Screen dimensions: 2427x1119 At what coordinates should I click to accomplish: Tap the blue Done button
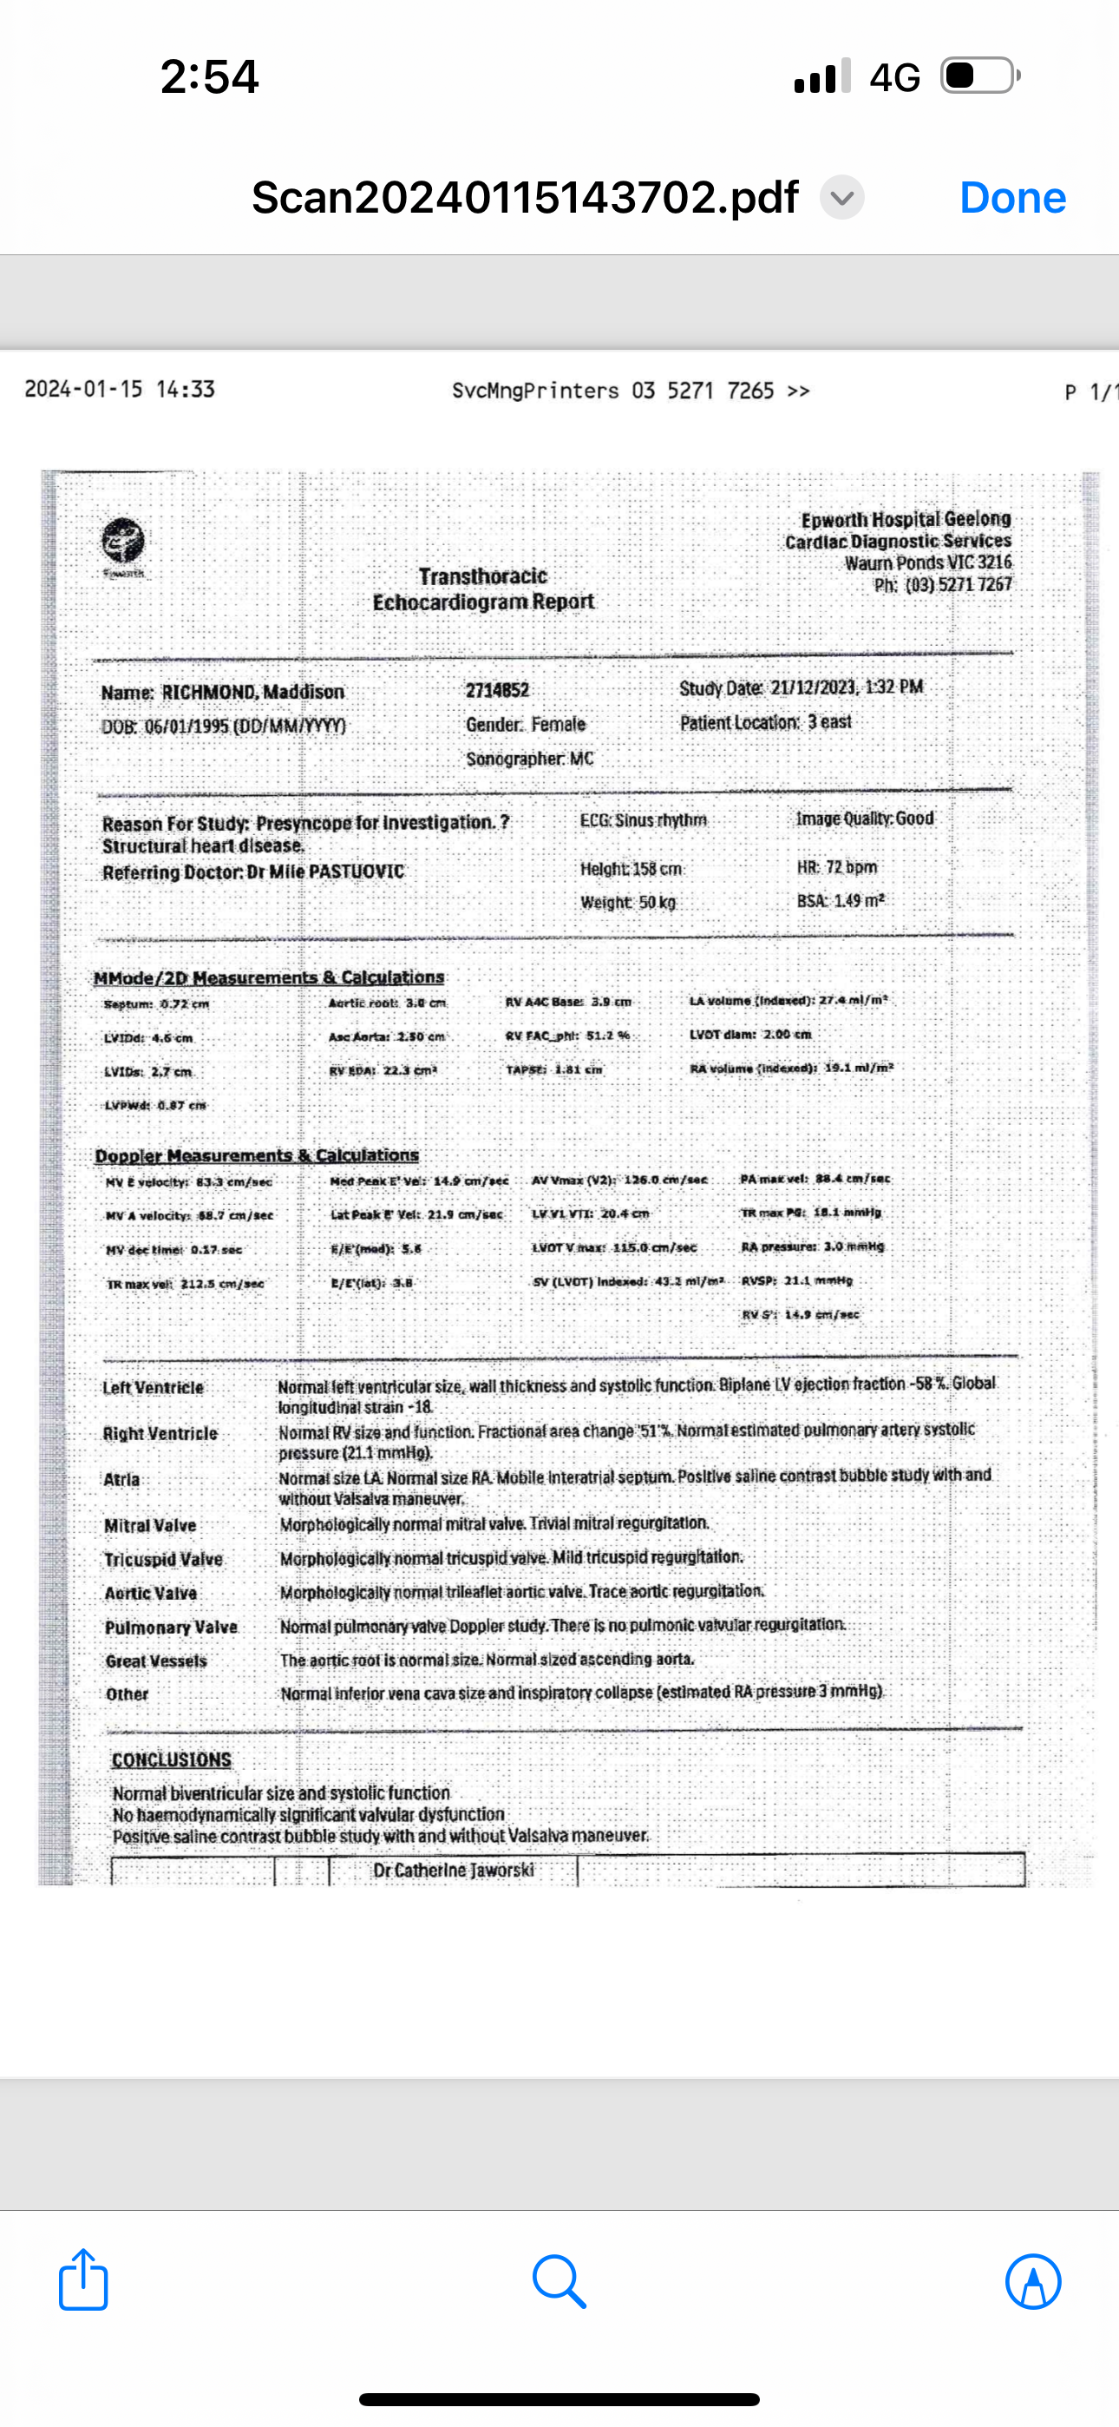point(1012,198)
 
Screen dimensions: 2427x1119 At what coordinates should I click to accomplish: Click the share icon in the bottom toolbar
point(84,2280)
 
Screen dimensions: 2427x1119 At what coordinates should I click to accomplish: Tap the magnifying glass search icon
point(559,2281)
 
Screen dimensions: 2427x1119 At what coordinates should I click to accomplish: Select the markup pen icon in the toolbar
point(1033,2281)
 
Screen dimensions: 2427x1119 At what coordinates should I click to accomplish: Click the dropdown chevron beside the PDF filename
point(842,198)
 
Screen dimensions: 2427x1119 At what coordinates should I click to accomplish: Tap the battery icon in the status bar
point(979,76)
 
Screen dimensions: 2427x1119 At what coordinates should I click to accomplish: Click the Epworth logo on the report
point(123,543)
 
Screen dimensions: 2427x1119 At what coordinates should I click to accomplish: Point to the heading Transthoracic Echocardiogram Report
point(483,589)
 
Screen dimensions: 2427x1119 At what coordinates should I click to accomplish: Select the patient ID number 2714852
point(497,691)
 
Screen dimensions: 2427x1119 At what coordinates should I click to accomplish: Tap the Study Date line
point(801,687)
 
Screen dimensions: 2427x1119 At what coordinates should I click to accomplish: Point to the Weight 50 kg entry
point(628,903)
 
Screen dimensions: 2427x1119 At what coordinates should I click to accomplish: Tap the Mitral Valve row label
point(151,1525)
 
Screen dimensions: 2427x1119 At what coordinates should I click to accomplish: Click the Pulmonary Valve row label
point(172,1627)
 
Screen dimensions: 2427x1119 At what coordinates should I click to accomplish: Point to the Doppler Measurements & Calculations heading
point(257,1155)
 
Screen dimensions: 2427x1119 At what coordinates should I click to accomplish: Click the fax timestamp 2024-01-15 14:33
point(120,390)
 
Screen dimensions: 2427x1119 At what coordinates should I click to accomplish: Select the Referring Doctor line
point(253,872)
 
